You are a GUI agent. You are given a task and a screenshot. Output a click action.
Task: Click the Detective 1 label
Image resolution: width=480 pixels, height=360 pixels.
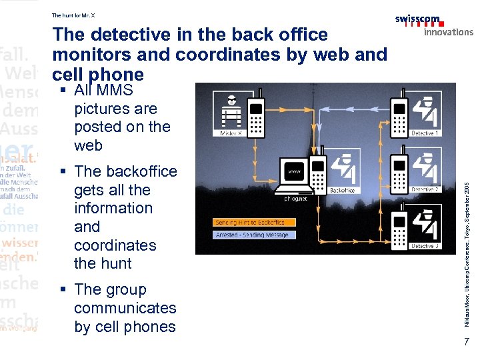coord(425,133)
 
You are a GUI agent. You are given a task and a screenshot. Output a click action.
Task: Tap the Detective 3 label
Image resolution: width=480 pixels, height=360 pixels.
coord(425,246)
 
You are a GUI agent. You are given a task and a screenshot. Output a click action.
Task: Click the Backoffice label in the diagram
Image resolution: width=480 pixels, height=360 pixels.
coord(342,190)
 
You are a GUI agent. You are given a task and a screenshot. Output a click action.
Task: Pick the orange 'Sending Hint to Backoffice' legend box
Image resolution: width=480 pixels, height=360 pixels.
coord(250,222)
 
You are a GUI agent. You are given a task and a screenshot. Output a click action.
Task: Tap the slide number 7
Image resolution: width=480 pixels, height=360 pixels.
coord(467,341)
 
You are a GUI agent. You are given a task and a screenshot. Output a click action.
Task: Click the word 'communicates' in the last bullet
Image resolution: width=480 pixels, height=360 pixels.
coord(125,308)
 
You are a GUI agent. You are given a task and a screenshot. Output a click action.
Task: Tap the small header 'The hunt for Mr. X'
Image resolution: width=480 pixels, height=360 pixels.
coord(73,15)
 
